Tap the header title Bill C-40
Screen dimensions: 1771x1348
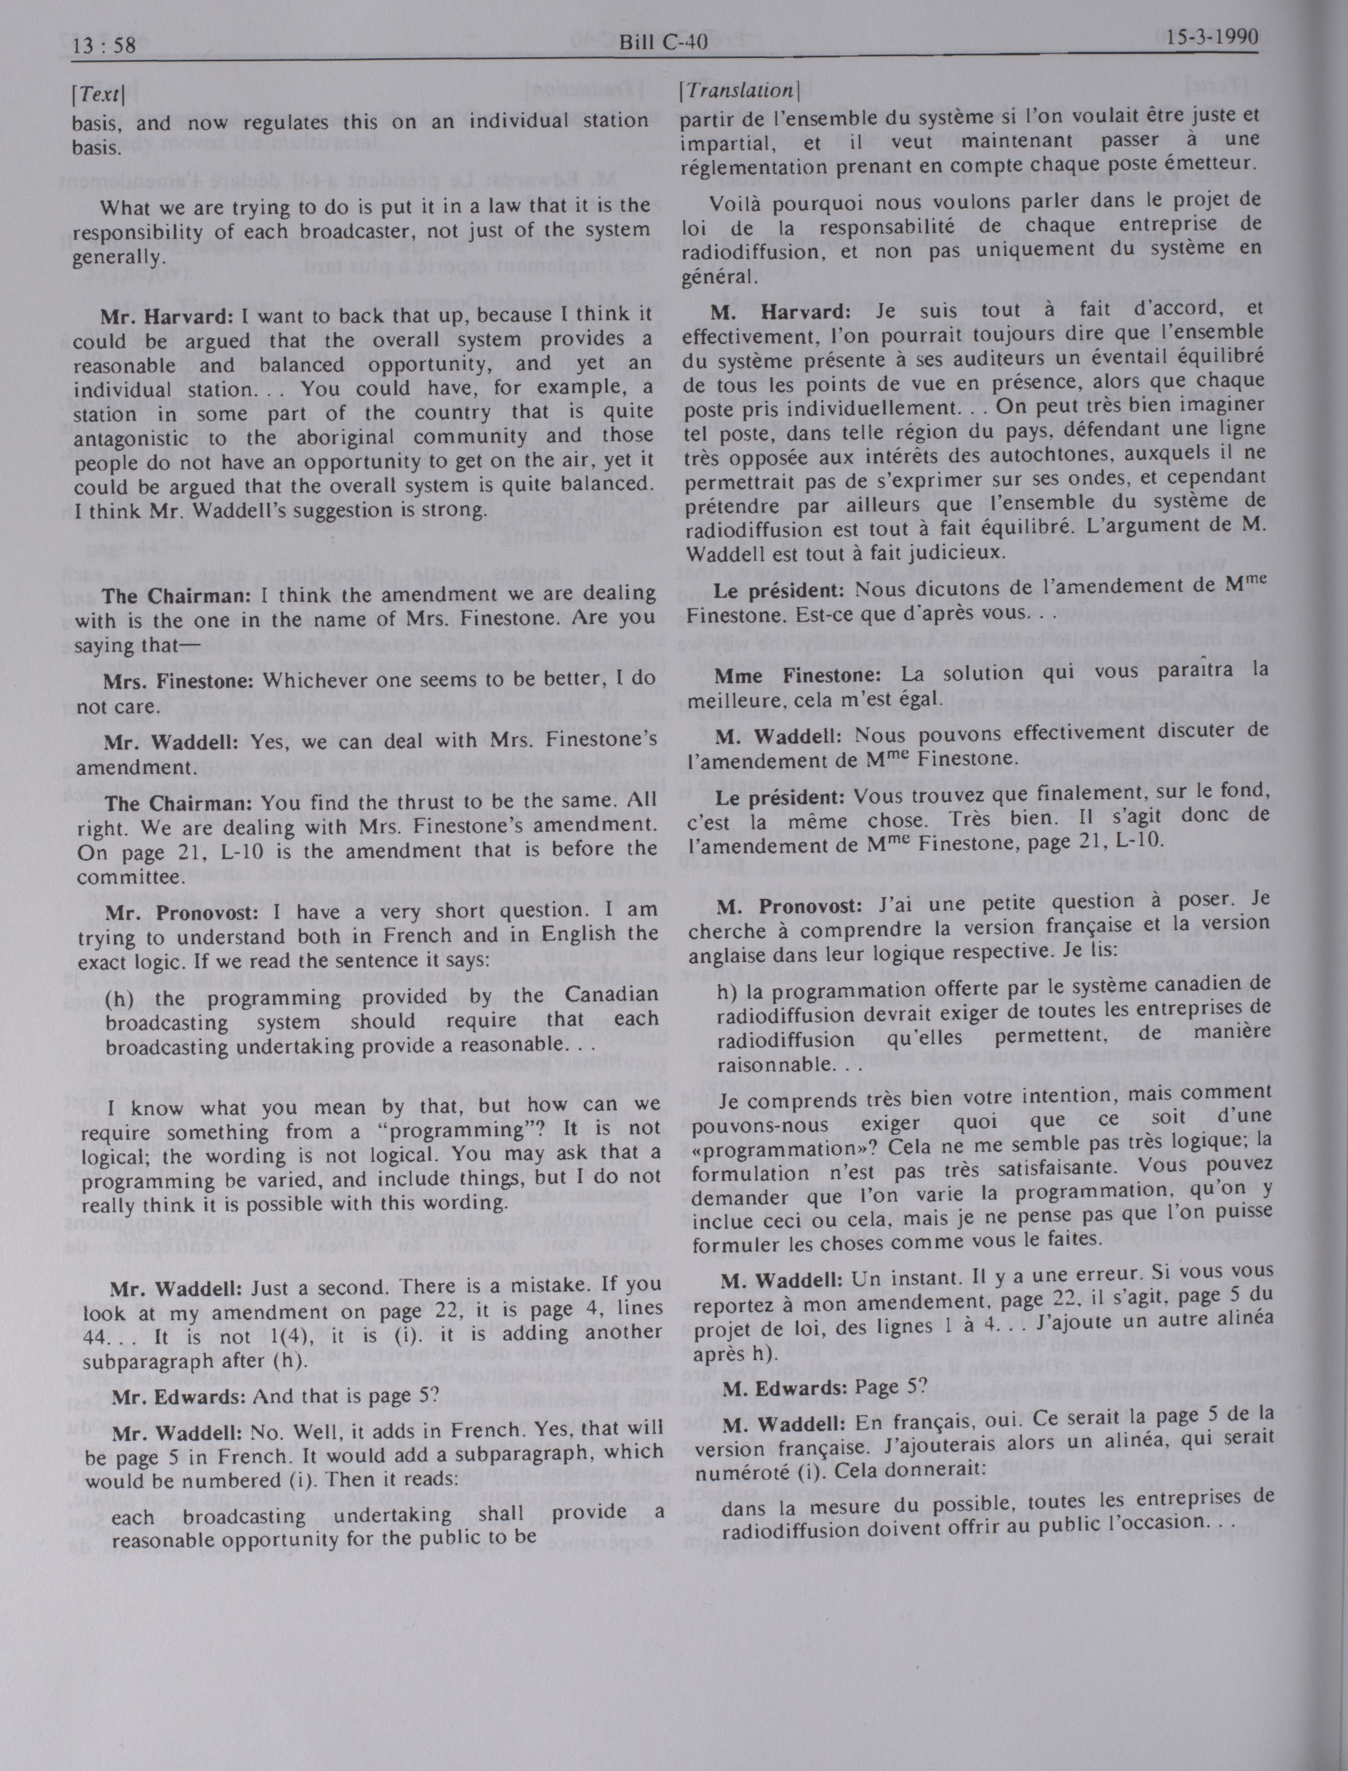[x=663, y=41]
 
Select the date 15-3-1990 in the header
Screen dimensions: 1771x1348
[x=1212, y=38]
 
